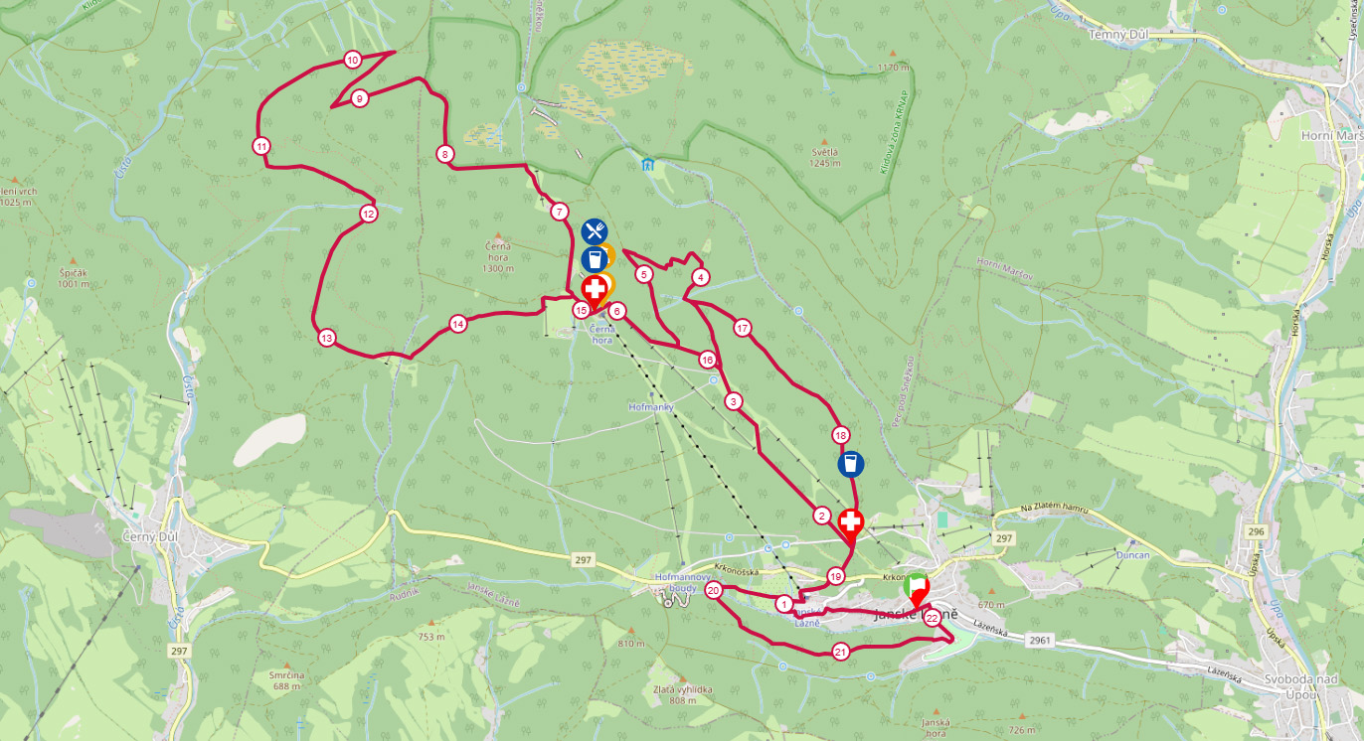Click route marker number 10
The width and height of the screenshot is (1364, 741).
352,60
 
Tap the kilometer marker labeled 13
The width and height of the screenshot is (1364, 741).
326,338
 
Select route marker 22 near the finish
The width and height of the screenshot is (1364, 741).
932,618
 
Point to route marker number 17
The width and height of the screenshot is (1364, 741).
742,328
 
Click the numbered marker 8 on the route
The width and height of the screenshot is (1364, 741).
444,154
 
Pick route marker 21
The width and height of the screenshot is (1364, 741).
841,653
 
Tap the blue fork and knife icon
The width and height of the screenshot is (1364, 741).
595,231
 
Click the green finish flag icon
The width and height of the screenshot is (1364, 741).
916,585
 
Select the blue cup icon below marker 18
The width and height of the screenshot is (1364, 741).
851,464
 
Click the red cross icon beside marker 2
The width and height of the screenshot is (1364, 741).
851,521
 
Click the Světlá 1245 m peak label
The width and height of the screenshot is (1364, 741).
824,158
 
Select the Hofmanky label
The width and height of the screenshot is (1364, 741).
652,407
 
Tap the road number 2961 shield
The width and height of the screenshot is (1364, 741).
1041,641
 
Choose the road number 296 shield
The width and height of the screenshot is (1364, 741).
1256,531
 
